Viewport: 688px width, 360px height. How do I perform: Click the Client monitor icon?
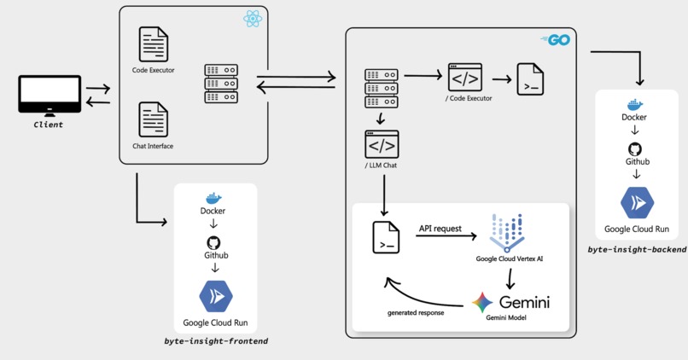pos(50,96)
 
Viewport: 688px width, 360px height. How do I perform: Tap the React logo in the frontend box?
pos(252,18)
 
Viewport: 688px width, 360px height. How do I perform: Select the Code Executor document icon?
pos(154,44)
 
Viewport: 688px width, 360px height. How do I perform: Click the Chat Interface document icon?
pos(154,120)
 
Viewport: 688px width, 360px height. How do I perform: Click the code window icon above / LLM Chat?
pos(382,145)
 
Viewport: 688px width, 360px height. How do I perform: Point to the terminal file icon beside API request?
pos(387,236)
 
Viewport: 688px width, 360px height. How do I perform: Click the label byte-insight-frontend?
pos(216,340)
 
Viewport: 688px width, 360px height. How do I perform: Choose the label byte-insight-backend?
pos(637,248)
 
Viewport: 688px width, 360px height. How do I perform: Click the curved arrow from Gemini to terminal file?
pos(418,295)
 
